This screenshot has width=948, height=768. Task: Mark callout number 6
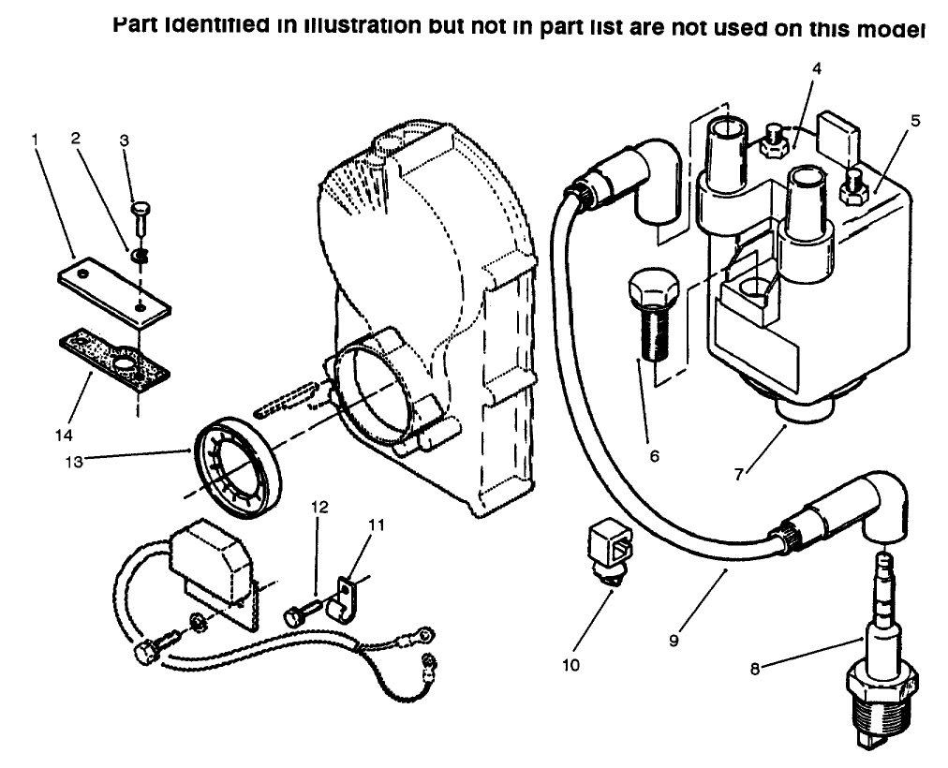point(654,456)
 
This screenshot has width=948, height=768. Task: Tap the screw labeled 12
point(301,614)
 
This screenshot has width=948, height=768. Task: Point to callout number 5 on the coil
point(916,120)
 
